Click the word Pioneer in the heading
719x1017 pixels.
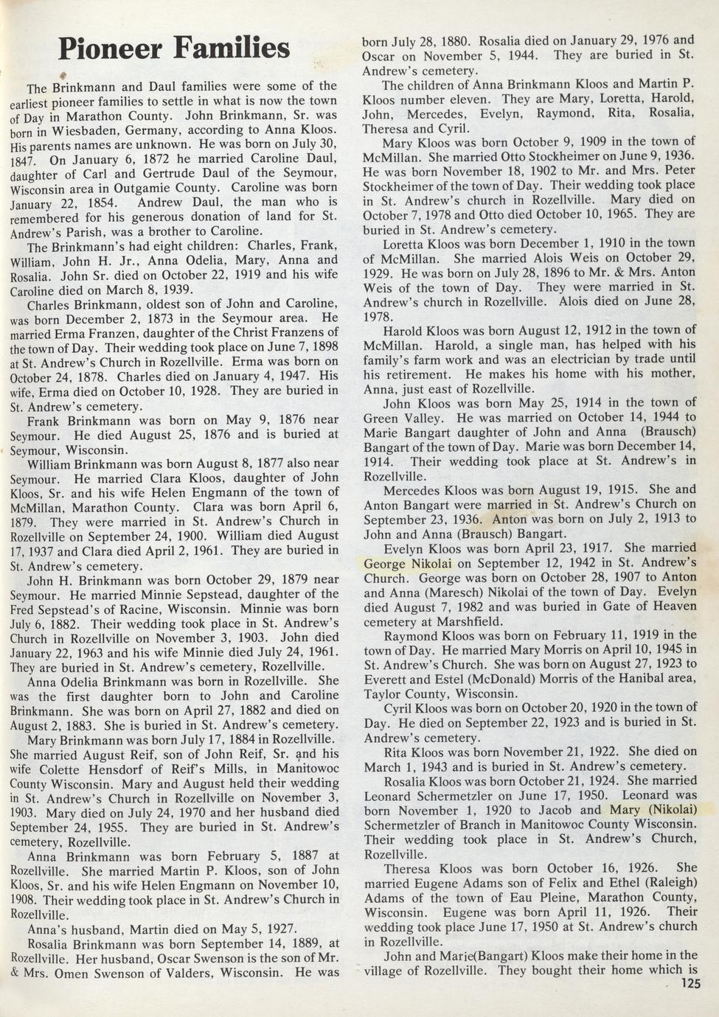click(111, 49)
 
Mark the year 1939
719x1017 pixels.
click(173, 289)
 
